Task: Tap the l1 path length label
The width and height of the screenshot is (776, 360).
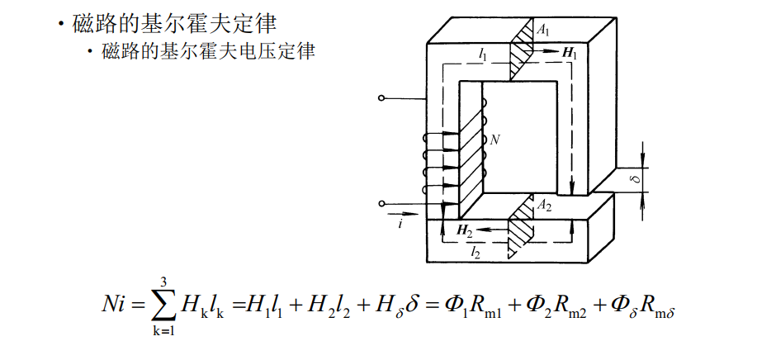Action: click(x=482, y=54)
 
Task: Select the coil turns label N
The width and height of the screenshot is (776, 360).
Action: click(x=494, y=140)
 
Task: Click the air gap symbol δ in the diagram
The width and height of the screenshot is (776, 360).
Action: click(x=635, y=178)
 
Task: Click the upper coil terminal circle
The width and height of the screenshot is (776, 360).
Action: click(x=381, y=99)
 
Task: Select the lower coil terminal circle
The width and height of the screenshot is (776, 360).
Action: click(x=381, y=203)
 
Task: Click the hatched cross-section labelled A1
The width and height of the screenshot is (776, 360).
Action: click(x=521, y=50)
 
